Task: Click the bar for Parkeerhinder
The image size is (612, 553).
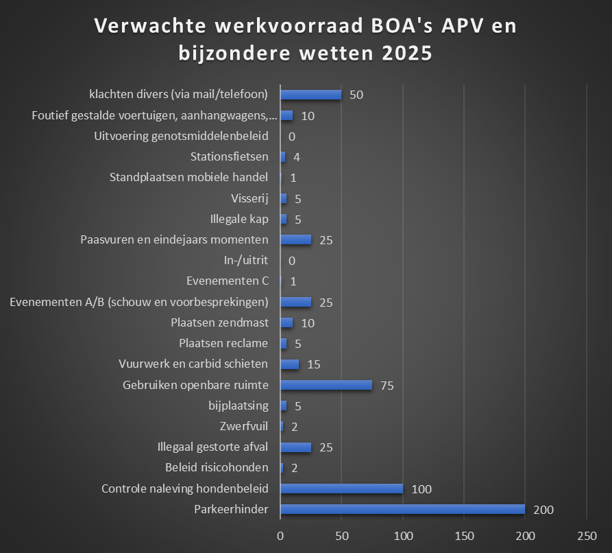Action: pyautogui.click(x=402, y=509)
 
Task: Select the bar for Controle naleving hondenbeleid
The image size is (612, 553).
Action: pyautogui.click(x=341, y=489)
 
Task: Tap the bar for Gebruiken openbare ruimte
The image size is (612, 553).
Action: pyautogui.click(x=326, y=385)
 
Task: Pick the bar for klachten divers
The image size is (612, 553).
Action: pyautogui.click(x=310, y=95)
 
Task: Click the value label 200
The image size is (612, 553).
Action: pyautogui.click(x=543, y=510)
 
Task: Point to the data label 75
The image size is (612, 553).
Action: pyautogui.click(x=387, y=386)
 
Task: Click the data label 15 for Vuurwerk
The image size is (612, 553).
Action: pyautogui.click(x=314, y=364)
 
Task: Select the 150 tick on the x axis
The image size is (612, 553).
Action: pyautogui.click(x=464, y=534)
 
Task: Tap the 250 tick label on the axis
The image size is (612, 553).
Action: pyautogui.click(x=587, y=534)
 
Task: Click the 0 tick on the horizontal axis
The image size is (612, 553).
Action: pyautogui.click(x=280, y=534)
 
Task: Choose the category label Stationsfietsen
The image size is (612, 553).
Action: pyautogui.click(x=229, y=157)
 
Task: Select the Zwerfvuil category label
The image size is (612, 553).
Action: pyautogui.click(x=244, y=427)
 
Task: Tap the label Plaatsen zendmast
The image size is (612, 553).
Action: pyautogui.click(x=219, y=322)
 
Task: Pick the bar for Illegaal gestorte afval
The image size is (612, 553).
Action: pyautogui.click(x=295, y=447)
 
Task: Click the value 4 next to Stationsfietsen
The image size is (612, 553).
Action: pyautogui.click(x=296, y=157)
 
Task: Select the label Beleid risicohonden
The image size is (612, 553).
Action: pyautogui.click(x=217, y=468)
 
